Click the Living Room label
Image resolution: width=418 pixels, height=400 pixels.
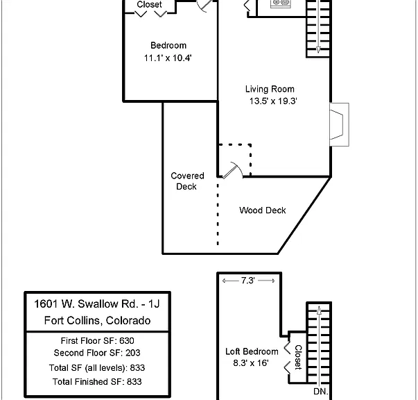[x=270, y=89]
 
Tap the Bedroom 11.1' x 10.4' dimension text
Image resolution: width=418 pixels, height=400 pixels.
[x=168, y=58]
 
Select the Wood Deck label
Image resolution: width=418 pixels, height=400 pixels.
[x=263, y=210]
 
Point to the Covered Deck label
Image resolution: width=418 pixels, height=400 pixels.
[x=187, y=181]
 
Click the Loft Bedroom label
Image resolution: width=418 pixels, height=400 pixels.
[x=252, y=351]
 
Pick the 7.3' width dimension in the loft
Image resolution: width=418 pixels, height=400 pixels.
[x=248, y=281]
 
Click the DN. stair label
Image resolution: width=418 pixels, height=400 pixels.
[x=321, y=392]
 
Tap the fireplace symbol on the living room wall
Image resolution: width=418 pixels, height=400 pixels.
[x=339, y=124]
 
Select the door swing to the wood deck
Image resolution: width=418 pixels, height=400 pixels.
[x=233, y=170]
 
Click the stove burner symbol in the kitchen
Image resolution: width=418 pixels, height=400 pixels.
[x=281, y=3]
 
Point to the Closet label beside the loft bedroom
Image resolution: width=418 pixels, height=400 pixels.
[x=298, y=357]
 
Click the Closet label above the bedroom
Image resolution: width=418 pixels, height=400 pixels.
[x=149, y=5]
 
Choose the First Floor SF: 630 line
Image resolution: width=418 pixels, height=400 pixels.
[x=97, y=341]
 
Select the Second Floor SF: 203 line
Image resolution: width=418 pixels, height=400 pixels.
[x=97, y=353]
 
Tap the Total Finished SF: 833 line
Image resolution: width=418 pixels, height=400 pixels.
[x=97, y=382]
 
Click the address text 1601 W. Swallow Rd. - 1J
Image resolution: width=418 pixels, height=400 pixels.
[x=97, y=304]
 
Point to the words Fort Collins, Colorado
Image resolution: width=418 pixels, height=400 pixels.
[x=97, y=320]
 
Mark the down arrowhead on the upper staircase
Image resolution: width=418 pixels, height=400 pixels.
[x=318, y=50]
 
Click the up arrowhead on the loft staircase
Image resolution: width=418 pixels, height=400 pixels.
[x=319, y=310]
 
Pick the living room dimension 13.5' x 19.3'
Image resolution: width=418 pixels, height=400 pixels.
[x=273, y=101]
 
